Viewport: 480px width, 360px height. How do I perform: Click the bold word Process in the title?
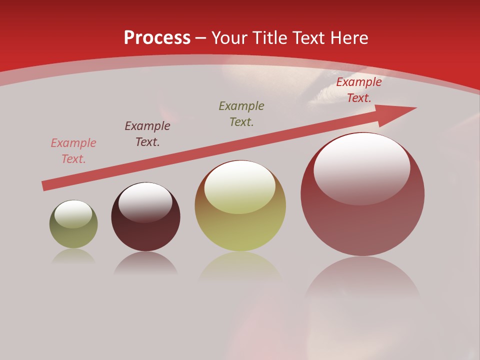point(157,38)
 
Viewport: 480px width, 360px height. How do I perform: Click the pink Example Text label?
point(73,151)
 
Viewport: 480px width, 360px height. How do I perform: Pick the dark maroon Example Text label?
point(147,134)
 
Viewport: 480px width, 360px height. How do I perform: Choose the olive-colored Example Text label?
point(241,114)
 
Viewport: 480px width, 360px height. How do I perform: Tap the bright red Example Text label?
point(359,90)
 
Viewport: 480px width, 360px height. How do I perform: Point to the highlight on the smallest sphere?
point(73,213)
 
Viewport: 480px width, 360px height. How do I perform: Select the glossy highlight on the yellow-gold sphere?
point(240,186)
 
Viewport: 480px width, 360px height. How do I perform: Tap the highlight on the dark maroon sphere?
point(145,202)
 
